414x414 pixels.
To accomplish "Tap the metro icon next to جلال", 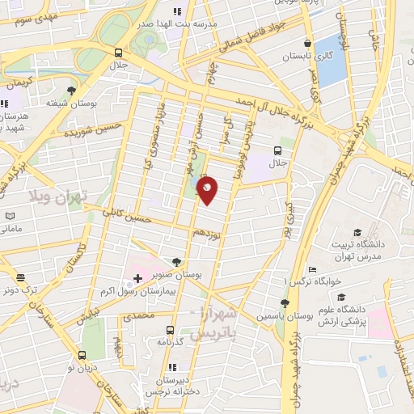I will [278, 150].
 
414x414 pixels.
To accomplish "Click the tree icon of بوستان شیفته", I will [72, 90].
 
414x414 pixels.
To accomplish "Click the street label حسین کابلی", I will [129, 215].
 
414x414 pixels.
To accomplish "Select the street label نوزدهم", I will [206, 233].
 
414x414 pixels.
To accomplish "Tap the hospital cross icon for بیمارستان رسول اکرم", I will [137, 277].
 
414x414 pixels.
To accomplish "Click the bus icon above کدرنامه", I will [170, 330].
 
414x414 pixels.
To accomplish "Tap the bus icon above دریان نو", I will [82, 354].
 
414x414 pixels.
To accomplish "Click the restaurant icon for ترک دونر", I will [19, 277].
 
